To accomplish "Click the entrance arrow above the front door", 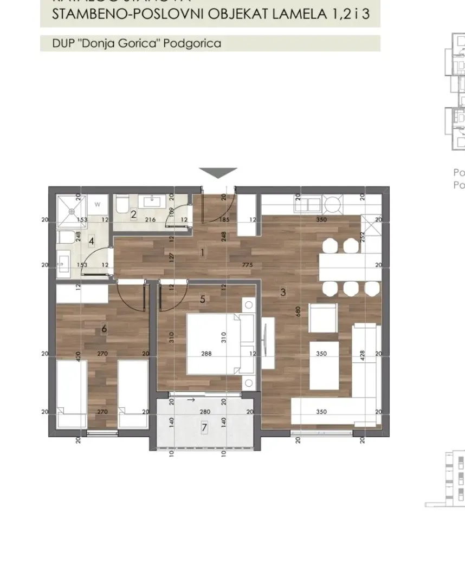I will coord(218,173).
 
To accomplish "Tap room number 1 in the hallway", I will coord(202,252).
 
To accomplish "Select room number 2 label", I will coord(133,213).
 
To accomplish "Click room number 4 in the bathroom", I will coord(92,240).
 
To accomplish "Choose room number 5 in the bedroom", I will coord(203,298).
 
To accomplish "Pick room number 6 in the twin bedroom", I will coord(104,329).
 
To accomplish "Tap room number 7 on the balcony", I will coord(204,427).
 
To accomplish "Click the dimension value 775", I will coord(248,265).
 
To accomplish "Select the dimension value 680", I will coord(298,312).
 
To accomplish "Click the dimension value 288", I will coord(205,354).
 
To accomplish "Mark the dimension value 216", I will coord(151,220).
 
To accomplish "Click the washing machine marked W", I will coord(98,205).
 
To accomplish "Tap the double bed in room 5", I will coord(219,343).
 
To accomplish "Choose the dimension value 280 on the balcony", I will coord(204,412).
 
